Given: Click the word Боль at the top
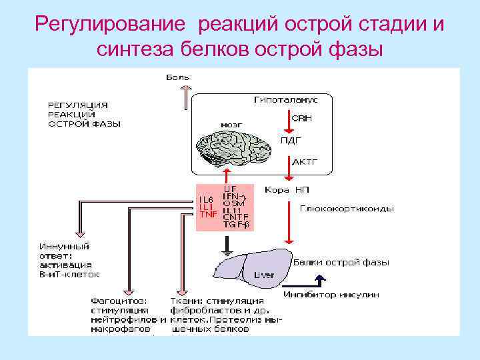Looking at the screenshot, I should pyautogui.click(x=178, y=77).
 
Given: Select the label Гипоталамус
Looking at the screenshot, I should pyautogui.click(x=285, y=100).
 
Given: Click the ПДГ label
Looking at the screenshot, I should pyautogui.click(x=292, y=140).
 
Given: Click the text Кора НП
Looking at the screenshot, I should pyautogui.click(x=287, y=190).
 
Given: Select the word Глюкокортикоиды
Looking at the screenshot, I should pyautogui.click(x=346, y=209).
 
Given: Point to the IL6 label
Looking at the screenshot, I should pyautogui.click(x=206, y=199).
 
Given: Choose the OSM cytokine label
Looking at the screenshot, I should pyautogui.click(x=233, y=203).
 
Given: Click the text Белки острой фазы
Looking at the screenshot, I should pyautogui.click(x=341, y=263).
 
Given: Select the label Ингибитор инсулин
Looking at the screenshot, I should pyautogui.click(x=331, y=294).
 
